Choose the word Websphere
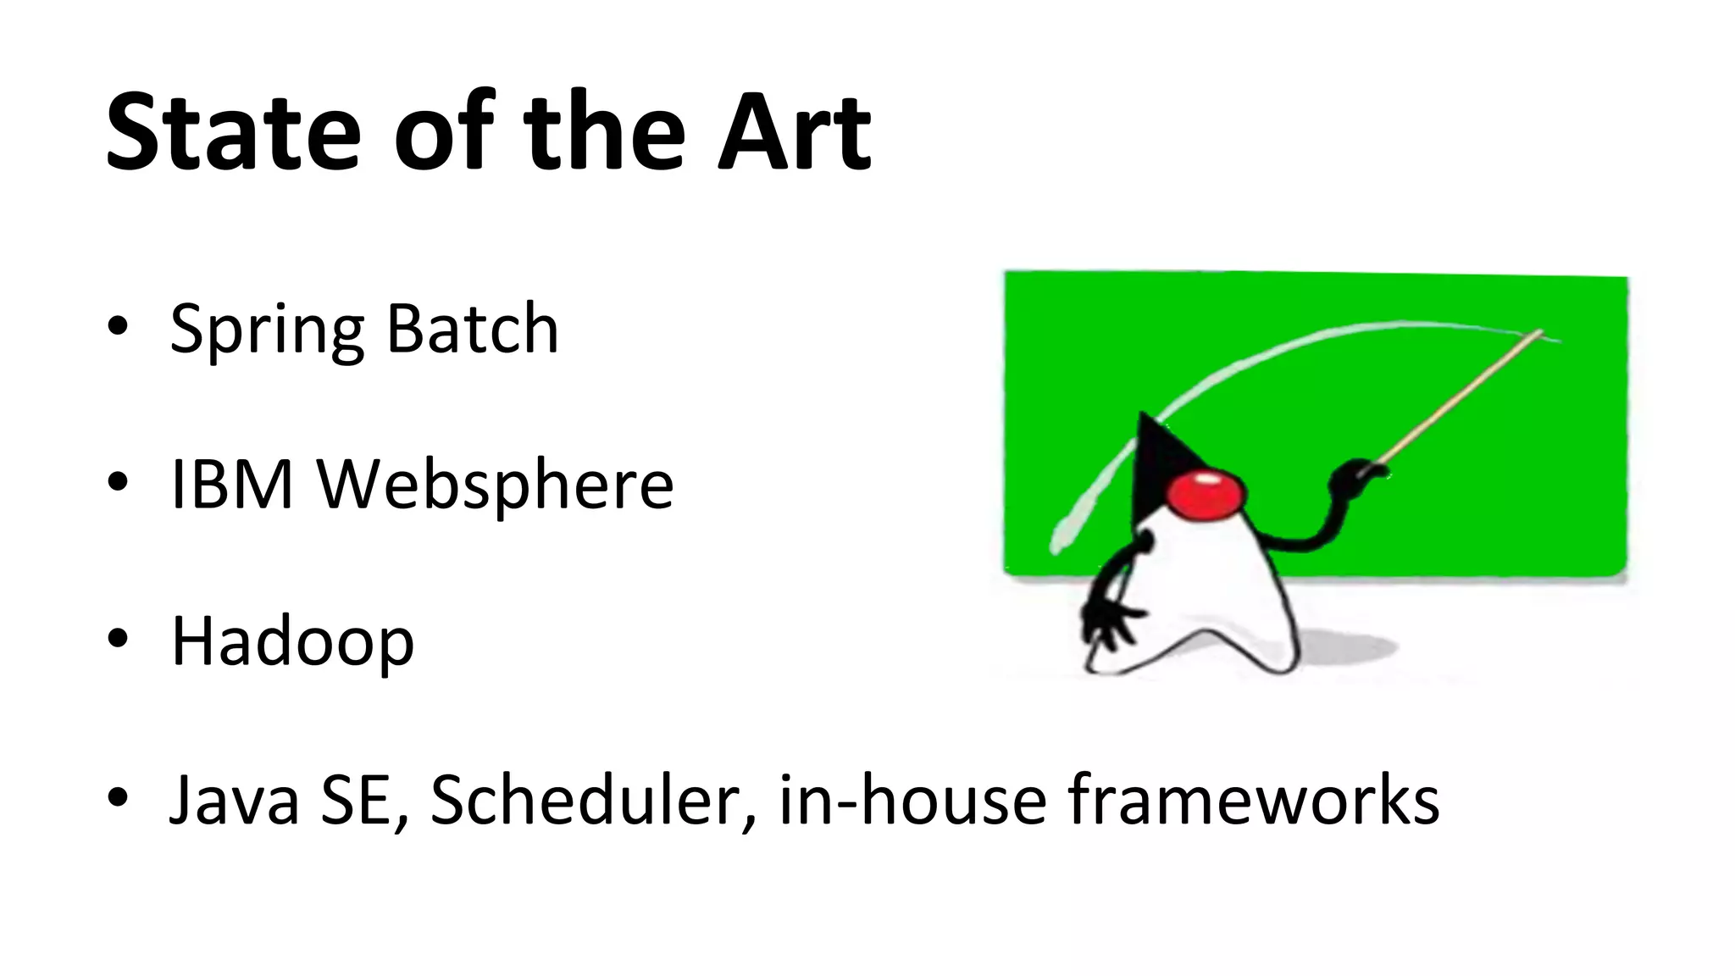[x=495, y=484]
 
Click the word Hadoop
[x=292, y=642]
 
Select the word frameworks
[x=1253, y=799]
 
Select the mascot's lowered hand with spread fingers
[x=1108, y=623]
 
